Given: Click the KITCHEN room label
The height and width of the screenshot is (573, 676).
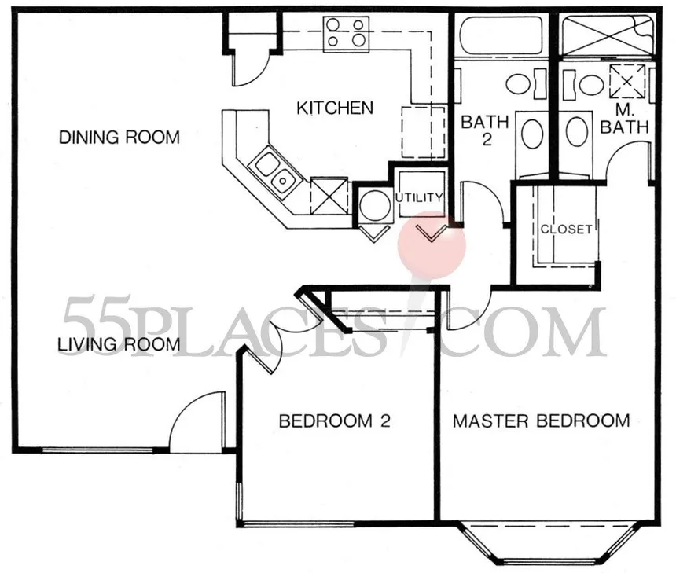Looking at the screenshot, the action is click(x=335, y=108).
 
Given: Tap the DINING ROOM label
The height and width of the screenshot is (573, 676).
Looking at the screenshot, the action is click(x=119, y=138).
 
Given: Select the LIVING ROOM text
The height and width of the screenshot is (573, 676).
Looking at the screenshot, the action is click(x=119, y=344).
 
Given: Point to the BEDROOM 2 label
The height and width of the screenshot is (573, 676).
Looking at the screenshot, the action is click(x=335, y=421).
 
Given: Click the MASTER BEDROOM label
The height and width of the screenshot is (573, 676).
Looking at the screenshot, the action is click(x=541, y=421).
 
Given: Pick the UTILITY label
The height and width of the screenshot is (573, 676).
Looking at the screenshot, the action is click(x=420, y=198).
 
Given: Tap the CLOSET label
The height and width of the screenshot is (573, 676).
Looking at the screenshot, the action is click(x=567, y=229).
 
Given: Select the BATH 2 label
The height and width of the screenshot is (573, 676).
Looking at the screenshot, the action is click(x=485, y=130).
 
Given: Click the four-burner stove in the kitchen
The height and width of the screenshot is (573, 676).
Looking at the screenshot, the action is click(x=346, y=34).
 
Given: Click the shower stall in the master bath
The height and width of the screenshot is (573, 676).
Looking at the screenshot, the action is click(x=607, y=35).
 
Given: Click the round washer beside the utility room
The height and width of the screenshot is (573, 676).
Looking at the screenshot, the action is click(x=375, y=205).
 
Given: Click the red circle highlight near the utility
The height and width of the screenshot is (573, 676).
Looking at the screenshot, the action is click(x=432, y=245).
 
